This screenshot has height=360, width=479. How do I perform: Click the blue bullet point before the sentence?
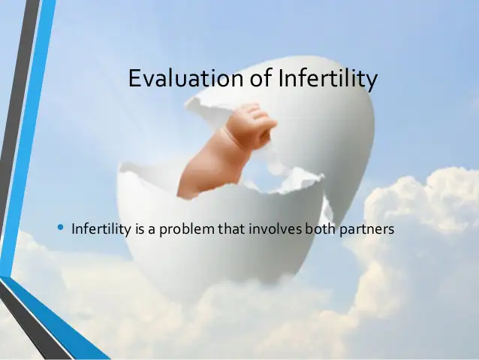[61, 227]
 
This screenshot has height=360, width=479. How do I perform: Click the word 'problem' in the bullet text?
[188, 228]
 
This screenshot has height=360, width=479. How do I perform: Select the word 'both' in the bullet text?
[319, 228]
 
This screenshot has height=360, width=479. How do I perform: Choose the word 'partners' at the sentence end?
[366, 228]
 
